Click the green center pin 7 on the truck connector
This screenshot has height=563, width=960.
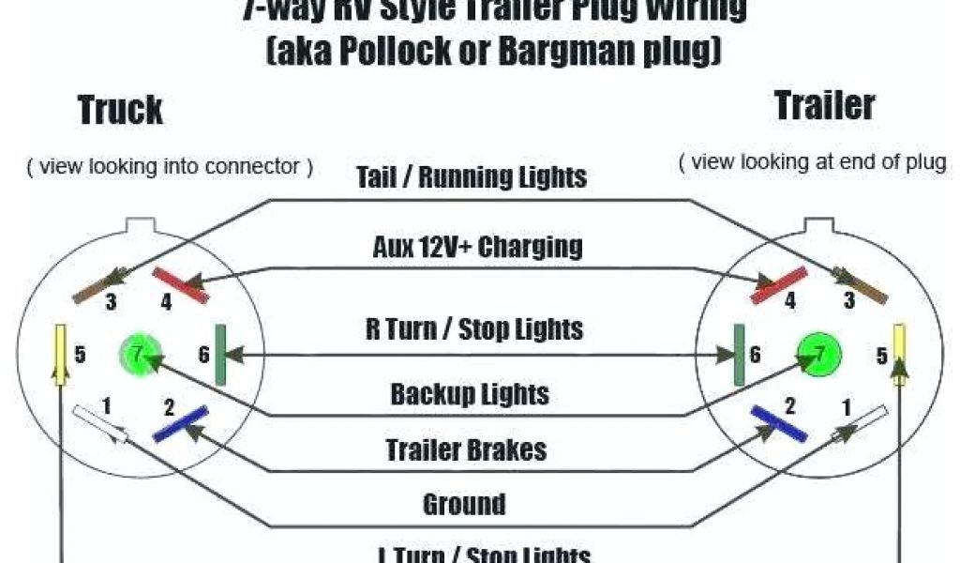click(x=137, y=355)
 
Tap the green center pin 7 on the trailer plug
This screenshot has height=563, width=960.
click(x=819, y=355)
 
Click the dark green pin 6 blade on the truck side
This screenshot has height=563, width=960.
click(x=220, y=355)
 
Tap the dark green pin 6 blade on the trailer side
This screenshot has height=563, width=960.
click(x=738, y=355)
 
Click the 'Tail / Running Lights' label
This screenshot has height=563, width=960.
click(x=472, y=176)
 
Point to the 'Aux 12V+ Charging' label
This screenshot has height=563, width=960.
click(x=477, y=247)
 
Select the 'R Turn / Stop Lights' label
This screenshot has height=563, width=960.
click(x=473, y=328)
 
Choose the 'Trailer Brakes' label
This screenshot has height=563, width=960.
click(x=466, y=449)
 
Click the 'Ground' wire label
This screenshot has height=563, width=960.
click(x=464, y=504)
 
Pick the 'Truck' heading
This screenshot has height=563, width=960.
click(x=120, y=110)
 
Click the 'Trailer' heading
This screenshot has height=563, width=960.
click(x=825, y=105)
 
